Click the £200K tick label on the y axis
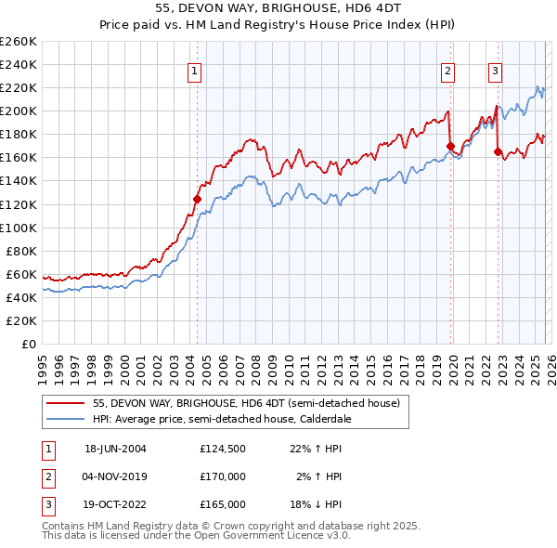pyautogui.click(x=18, y=111)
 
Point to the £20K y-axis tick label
pyautogui.click(x=20, y=320)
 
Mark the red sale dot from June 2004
pyautogui.click(x=197, y=199)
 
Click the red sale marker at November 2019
pyautogui.click(x=450, y=146)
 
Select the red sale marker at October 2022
pyautogui.click(x=499, y=151)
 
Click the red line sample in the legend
pyautogui.click(x=66, y=403)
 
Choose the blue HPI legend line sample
pyautogui.click(x=66, y=419)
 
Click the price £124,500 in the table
pyautogui.click(x=223, y=449)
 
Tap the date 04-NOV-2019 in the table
pyautogui.click(x=115, y=476)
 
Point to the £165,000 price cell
pyautogui.click(x=223, y=504)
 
